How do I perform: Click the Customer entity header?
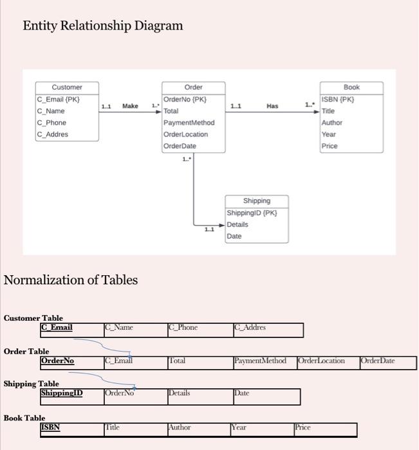tap(67, 87)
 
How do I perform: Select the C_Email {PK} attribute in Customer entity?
tap(59, 100)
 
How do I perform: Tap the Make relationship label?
tap(130, 106)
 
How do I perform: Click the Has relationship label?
tap(272, 106)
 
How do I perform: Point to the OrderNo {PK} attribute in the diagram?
tap(185, 100)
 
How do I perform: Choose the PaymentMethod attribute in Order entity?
tap(189, 123)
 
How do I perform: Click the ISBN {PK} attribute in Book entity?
tap(338, 100)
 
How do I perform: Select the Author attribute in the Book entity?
tap(332, 123)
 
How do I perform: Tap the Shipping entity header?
tap(257, 201)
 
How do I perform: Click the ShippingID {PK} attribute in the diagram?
tap(252, 213)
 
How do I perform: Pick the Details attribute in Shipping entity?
tap(237, 224)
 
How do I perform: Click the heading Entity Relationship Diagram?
tap(103, 26)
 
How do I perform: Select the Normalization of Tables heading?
tap(71, 280)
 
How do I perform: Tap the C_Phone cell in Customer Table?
tap(183, 328)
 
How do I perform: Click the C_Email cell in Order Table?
tap(119, 361)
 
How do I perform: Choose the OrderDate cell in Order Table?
tap(378, 361)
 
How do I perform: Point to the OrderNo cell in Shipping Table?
tap(120, 393)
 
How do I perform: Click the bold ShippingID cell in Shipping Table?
tap(62, 393)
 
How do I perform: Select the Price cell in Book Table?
tap(303, 427)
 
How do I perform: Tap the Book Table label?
tap(24, 418)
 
